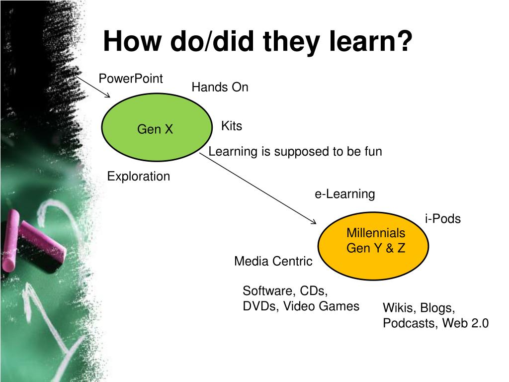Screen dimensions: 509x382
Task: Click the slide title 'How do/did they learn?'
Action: coord(257,42)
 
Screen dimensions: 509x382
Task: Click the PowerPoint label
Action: coord(130,79)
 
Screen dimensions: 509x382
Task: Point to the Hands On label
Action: coord(220,88)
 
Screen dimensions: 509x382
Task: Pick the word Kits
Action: coord(231,126)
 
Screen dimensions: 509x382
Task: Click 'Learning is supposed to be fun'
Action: coord(295,152)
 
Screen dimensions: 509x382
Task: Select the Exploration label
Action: coord(138,177)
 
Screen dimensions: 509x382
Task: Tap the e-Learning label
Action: coord(344,194)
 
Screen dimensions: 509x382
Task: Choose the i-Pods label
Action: coord(442,219)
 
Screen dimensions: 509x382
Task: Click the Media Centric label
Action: coord(273,261)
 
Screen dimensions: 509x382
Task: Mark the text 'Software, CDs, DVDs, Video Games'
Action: coord(300,298)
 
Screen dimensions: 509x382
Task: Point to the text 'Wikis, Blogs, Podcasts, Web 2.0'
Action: coord(435,316)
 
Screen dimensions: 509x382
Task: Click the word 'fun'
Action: coord(372,152)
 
